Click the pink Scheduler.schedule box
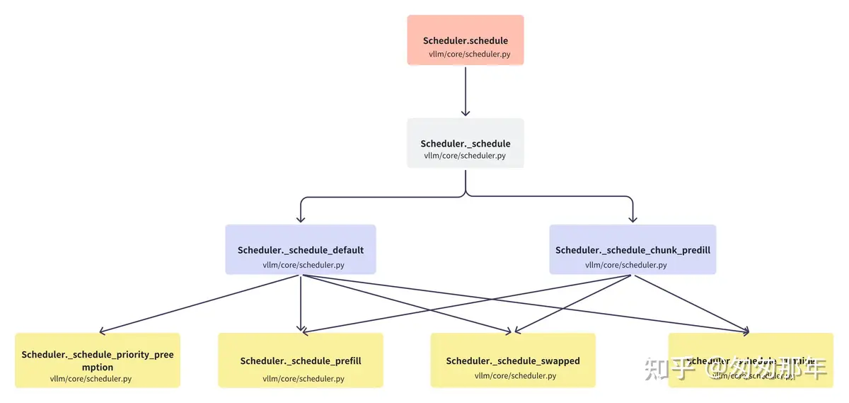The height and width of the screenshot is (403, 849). [x=465, y=40]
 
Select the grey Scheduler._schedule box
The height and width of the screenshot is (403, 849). [x=465, y=143]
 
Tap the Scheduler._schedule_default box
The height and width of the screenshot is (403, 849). [x=301, y=249]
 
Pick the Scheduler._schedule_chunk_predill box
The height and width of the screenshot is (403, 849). [x=633, y=249]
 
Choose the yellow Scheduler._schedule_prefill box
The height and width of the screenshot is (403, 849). [x=301, y=361]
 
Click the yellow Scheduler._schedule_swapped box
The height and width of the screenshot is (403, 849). [x=513, y=361]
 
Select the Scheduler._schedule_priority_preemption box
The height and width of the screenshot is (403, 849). [x=97, y=361]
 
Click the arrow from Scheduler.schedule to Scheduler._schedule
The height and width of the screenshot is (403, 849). [x=465, y=91]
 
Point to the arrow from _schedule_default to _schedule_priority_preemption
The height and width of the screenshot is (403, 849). [x=198, y=303]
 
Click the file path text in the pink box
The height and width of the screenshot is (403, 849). [x=469, y=54]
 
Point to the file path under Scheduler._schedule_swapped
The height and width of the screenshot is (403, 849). [x=515, y=375]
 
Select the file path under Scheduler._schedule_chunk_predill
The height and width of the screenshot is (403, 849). [x=625, y=265]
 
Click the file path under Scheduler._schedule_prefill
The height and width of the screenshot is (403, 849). [x=304, y=378]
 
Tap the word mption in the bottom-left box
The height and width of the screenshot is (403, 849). [x=98, y=368]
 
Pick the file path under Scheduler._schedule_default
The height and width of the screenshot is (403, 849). [x=304, y=266]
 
